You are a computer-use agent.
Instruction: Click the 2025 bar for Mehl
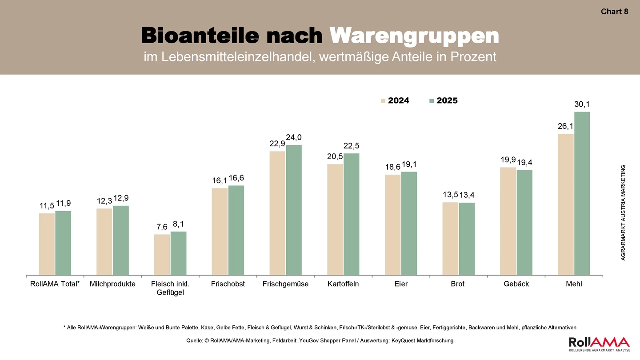(x=582, y=193)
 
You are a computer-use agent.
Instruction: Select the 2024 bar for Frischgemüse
(x=277, y=213)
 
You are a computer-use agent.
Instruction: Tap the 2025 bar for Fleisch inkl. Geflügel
(x=179, y=253)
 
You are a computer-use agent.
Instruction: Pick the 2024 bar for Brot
(x=450, y=239)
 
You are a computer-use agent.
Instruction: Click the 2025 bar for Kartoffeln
(x=352, y=214)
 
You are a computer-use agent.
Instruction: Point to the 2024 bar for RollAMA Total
(x=47, y=244)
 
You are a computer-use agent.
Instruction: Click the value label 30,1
(x=582, y=104)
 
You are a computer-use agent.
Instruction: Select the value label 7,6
(x=162, y=227)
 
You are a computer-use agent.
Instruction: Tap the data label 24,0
(x=294, y=137)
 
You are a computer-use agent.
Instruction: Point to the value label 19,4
(x=524, y=163)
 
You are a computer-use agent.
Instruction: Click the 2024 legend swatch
(x=383, y=101)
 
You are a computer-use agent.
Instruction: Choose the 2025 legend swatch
(x=432, y=101)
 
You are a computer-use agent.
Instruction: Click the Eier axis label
(x=401, y=284)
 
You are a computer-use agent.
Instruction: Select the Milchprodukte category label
(x=112, y=284)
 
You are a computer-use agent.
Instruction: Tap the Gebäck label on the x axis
(x=516, y=284)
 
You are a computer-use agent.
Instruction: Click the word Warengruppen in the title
(x=414, y=36)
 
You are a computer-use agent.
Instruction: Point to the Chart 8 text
(x=614, y=12)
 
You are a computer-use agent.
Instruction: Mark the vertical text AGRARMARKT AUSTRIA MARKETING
(x=623, y=212)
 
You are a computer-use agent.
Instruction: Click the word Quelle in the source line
(x=194, y=340)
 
